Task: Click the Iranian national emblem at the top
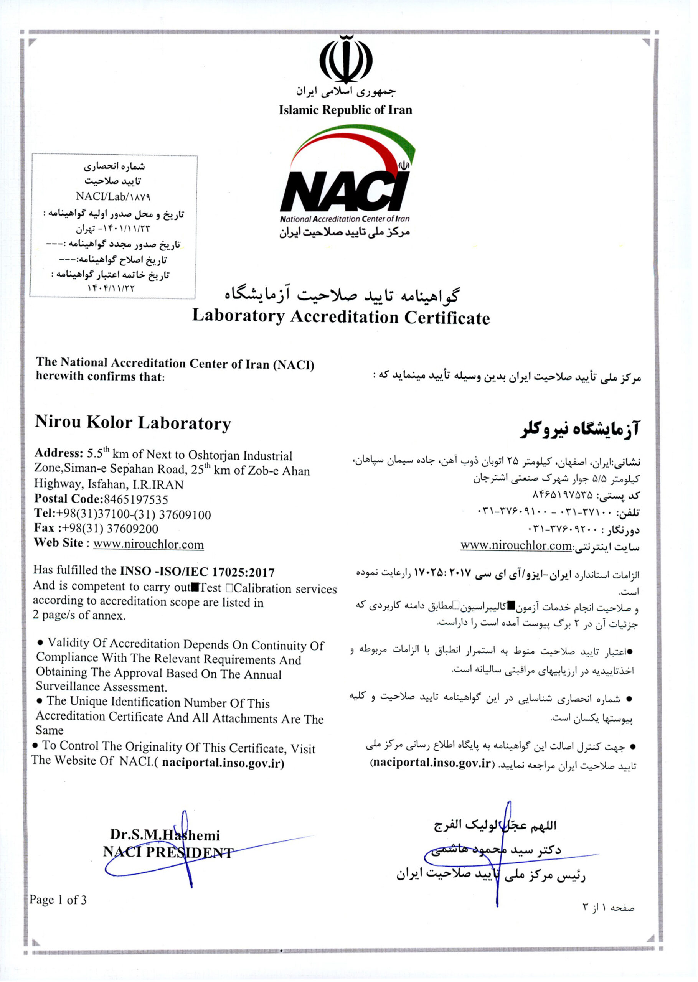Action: pyautogui.click(x=346, y=60)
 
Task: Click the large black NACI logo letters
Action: pyautogui.click(x=344, y=191)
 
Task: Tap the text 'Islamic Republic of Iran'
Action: pyautogui.click(x=345, y=110)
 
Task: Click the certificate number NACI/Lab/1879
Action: pyautogui.click(x=113, y=196)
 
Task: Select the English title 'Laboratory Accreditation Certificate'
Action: pyautogui.click(x=340, y=316)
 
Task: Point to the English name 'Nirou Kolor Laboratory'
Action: pyautogui.click(x=133, y=423)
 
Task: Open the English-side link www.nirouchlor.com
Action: pyautogui.click(x=148, y=544)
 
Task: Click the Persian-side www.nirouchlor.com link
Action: pyautogui.click(x=516, y=545)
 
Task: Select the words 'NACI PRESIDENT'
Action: pyautogui.click(x=168, y=852)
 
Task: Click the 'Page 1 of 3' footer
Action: pyautogui.click(x=58, y=900)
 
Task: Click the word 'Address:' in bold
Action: pyautogui.click(x=59, y=453)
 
